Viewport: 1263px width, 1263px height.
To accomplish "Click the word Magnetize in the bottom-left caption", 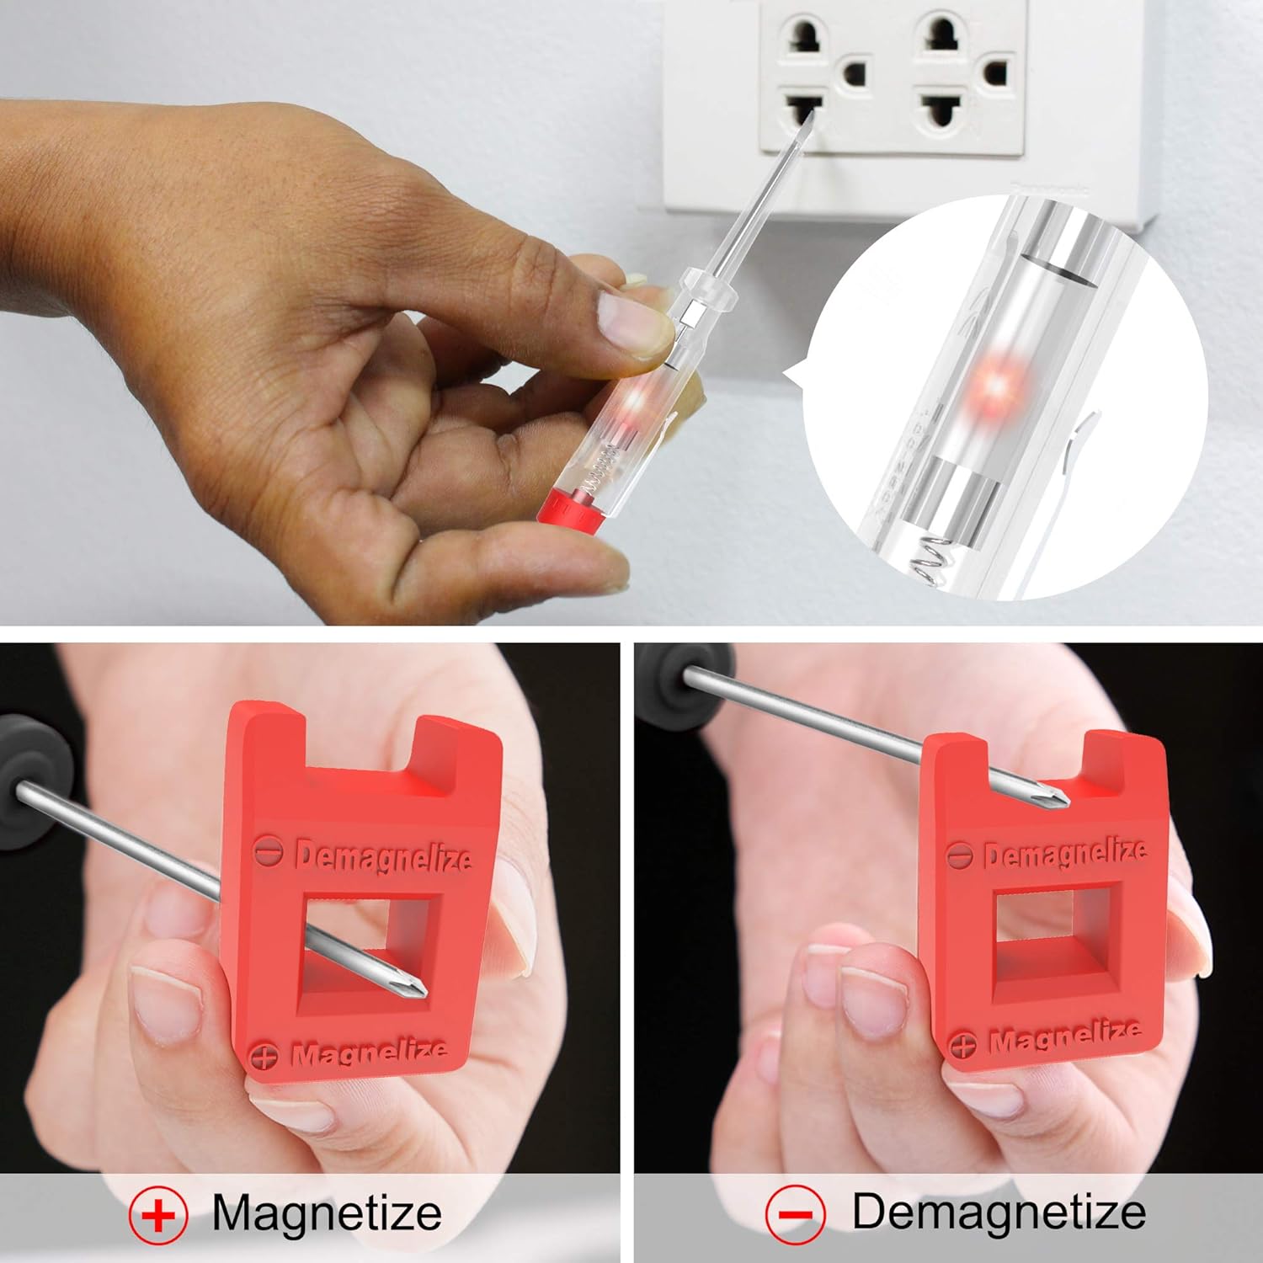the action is pyautogui.click(x=327, y=1213).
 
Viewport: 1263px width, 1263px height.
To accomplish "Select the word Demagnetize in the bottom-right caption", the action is pyautogui.click(x=999, y=1212).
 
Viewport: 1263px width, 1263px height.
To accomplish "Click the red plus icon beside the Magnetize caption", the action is pyautogui.click(x=158, y=1215).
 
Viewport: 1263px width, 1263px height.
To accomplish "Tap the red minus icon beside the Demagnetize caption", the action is pyautogui.click(x=795, y=1214).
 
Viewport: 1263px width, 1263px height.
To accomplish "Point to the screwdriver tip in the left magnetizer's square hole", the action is pyautogui.click(x=412, y=986).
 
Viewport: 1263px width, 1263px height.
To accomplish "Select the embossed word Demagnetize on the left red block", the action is pyautogui.click(x=384, y=857).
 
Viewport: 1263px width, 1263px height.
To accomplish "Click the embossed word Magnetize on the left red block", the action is pyautogui.click(x=369, y=1052).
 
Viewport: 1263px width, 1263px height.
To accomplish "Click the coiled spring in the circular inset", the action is pyautogui.click(x=930, y=559).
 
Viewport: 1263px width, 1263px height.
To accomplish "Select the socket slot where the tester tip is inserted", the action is pyautogui.click(x=803, y=110).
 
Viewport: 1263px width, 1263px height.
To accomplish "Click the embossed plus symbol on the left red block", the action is pyautogui.click(x=264, y=1056).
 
